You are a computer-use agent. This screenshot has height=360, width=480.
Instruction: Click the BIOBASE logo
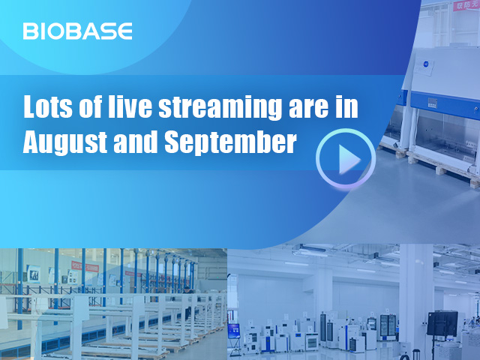tap(77, 31)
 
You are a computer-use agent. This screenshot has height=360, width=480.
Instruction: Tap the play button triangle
tap(349, 160)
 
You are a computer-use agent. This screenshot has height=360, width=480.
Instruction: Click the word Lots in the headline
tap(48, 106)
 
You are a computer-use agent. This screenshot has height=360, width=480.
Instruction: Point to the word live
tap(130, 106)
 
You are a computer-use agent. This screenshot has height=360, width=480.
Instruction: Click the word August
tap(65, 142)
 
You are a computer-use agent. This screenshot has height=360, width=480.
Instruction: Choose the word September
tap(231, 142)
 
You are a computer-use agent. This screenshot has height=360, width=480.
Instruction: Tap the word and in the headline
tap(135, 142)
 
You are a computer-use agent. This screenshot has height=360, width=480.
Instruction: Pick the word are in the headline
tap(308, 109)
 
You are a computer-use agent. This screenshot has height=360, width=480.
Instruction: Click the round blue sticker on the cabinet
tap(427, 64)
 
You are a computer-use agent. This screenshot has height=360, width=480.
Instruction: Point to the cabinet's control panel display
tap(432, 103)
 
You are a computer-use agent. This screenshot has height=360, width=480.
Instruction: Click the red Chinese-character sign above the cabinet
tap(466, 5)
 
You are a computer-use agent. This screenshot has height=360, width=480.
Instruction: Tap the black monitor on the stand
tap(442, 324)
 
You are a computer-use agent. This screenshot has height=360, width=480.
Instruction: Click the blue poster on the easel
tap(233, 331)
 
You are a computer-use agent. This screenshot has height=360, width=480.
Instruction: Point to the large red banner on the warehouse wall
tap(85, 266)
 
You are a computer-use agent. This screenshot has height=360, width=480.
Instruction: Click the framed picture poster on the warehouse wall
tap(33, 274)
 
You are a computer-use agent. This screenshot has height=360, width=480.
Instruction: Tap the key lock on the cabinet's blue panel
tap(475, 109)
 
